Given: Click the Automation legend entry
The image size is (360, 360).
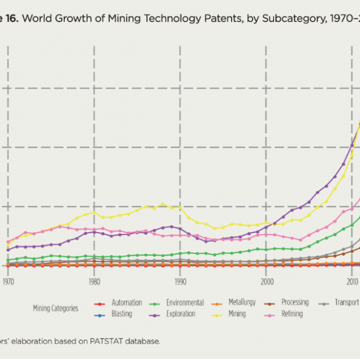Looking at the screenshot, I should click(127, 303).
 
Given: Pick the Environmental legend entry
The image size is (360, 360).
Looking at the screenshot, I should click(185, 303).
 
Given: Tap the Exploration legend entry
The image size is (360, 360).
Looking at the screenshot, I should click(181, 314).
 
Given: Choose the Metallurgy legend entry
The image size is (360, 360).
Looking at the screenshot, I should click(242, 303).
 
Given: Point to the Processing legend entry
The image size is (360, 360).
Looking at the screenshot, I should click(295, 303).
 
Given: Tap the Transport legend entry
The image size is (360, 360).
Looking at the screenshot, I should click(347, 303).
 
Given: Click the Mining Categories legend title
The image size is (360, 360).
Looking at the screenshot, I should click(55, 308).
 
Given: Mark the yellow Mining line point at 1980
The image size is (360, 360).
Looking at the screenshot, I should click(94, 212).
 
